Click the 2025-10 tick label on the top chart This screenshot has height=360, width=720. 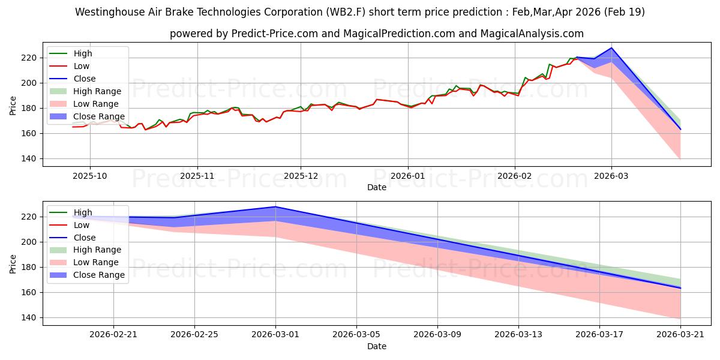(x=89, y=176)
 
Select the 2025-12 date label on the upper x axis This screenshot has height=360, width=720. (x=301, y=176)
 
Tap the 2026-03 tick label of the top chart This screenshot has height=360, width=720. (x=611, y=176)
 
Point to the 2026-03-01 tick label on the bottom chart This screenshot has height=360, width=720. (x=275, y=335)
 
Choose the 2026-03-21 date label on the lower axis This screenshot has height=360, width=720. (x=680, y=335)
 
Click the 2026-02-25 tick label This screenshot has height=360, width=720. (x=194, y=335)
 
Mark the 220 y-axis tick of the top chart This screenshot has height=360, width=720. (x=28, y=58)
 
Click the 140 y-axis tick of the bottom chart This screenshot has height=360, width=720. (x=28, y=317)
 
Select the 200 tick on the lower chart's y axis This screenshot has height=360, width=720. (x=28, y=242)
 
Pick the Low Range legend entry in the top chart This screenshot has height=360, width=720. (x=84, y=104)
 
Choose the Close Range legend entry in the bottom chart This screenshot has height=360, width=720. (x=87, y=275)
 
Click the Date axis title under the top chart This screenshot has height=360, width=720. (x=377, y=187)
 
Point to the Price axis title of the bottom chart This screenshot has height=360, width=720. (x=13, y=264)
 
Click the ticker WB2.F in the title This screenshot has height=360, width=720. (x=346, y=12)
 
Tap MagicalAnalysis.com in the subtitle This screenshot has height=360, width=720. (x=532, y=34)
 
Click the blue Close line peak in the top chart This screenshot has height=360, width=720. (x=611, y=48)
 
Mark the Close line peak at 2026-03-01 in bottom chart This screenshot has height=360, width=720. (x=275, y=206)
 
